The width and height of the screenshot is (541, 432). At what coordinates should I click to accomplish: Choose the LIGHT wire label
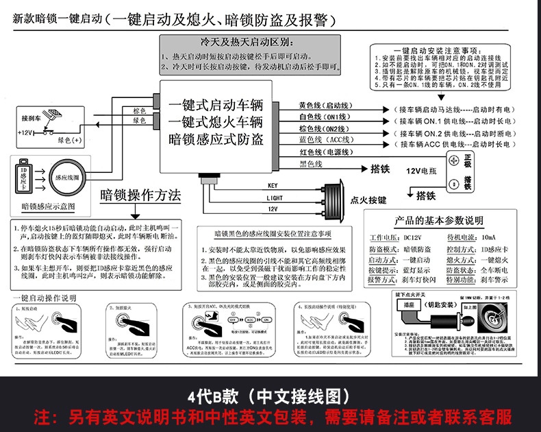point(275,197)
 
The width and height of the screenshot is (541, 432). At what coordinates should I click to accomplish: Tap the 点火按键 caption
point(368,200)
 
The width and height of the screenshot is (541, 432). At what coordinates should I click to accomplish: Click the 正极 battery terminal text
point(468,160)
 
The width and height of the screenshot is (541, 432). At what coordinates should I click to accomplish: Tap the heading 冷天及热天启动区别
point(251,42)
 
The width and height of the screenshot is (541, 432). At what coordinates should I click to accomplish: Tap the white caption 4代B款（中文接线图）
point(270,396)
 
